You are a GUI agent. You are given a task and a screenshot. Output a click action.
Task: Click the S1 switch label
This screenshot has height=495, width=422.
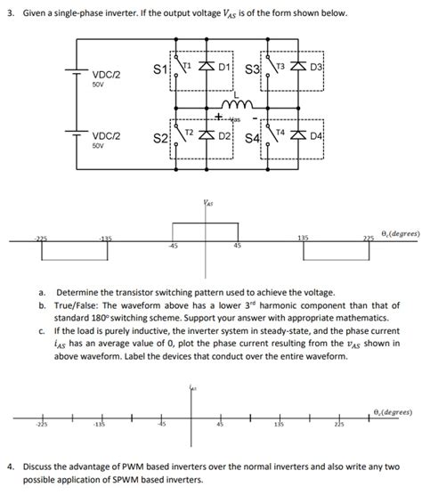160,69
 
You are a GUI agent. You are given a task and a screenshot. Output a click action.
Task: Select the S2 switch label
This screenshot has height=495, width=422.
160,139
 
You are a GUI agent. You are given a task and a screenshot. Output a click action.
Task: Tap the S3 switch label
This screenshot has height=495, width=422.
251,69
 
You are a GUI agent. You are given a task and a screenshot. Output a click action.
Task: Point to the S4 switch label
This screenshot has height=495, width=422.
251,139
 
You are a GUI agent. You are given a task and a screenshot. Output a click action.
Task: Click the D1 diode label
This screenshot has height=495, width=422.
224,67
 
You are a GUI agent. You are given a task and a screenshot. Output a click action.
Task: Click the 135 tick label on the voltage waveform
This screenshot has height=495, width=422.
303,238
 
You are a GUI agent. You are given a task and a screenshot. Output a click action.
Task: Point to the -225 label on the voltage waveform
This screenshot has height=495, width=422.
41,238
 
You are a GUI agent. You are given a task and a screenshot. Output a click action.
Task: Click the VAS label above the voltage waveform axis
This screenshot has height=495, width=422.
208,204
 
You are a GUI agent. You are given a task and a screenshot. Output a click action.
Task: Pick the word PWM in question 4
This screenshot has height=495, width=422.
155,466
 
